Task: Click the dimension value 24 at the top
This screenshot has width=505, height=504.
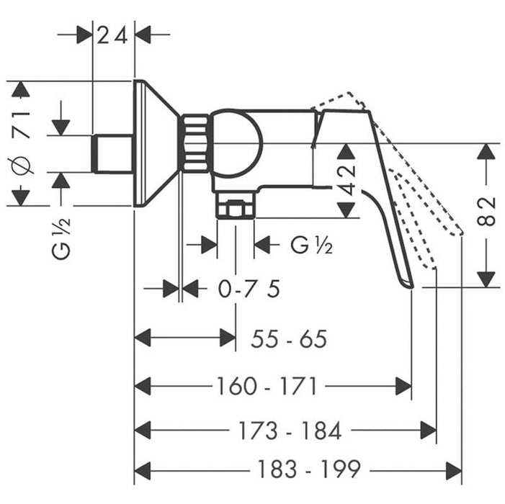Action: click(x=114, y=34)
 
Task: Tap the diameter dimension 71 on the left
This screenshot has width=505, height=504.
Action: click(x=22, y=125)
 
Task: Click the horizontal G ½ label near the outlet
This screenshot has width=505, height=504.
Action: click(x=311, y=245)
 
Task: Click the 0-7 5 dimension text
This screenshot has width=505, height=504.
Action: click(x=249, y=289)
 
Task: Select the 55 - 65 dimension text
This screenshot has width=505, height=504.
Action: click(x=289, y=338)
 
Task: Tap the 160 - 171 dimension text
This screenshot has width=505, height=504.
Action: click(x=267, y=387)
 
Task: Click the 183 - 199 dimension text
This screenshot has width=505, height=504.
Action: click(x=308, y=471)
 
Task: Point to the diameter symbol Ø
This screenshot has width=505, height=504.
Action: click(x=22, y=164)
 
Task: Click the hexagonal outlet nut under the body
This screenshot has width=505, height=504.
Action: click(x=236, y=209)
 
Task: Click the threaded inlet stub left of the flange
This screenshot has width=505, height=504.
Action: click(x=113, y=153)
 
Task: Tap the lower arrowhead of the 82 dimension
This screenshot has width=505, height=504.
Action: click(x=488, y=278)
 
